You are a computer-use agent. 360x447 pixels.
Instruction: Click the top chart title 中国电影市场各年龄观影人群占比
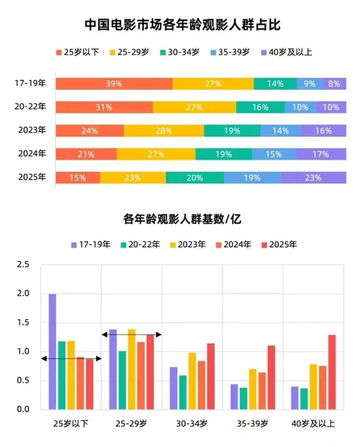click(x=182, y=25)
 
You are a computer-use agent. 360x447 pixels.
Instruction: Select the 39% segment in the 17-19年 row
click(x=114, y=84)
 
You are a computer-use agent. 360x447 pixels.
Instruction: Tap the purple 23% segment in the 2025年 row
click(x=313, y=178)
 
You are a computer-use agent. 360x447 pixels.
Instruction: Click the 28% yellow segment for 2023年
click(x=164, y=131)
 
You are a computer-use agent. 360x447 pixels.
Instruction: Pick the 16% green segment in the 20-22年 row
click(x=260, y=107)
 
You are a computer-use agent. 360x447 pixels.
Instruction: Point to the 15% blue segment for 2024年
click(x=274, y=154)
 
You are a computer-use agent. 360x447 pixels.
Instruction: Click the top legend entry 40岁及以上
click(x=286, y=52)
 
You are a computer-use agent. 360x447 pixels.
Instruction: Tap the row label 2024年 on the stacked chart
click(x=32, y=154)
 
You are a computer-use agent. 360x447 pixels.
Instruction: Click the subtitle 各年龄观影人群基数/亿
click(x=182, y=219)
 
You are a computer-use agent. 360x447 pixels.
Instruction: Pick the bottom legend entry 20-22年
click(x=140, y=244)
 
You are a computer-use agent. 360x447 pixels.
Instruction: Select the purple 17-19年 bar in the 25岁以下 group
click(x=52, y=351)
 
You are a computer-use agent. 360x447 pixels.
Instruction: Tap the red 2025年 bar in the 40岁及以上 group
click(x=332, y=372)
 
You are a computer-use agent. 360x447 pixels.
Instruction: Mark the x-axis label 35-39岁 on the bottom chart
click(x=253, y=424)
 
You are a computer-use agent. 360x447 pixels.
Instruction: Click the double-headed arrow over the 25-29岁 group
click(x=131, y=334)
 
